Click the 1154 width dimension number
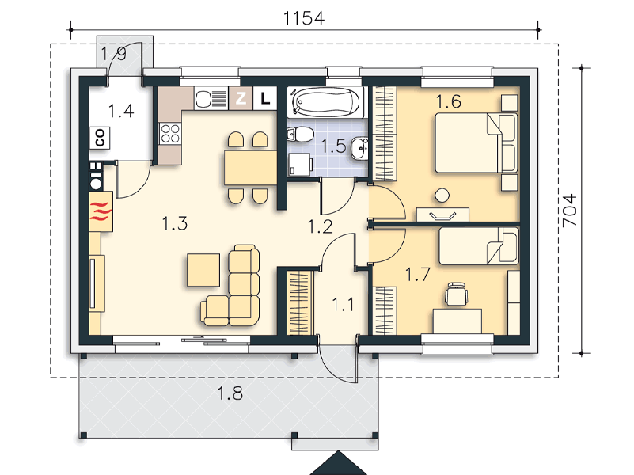tap(304, 18)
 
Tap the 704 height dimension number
tap(570, 211)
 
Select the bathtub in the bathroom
tap(325, 102)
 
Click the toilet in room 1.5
tap(301, 134)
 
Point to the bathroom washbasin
tap(359, 148)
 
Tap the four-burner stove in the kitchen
tap(170, 134)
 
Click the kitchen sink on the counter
tap(211, 99)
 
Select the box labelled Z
tap(241, 98)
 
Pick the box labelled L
tap(265, 98)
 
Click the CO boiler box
tap(100, 138)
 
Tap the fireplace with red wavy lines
tap(101, 211)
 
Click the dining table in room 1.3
tap(251, 168)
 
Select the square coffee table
tap(203, 270)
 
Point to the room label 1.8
tap(230, 393)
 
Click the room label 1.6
tap(449, 101)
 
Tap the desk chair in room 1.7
tap(456, 294)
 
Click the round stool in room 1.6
tap(442, 196)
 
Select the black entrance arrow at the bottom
tap(339, 464)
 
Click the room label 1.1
tap(343, 305)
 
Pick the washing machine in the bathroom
tap(301, 164)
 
